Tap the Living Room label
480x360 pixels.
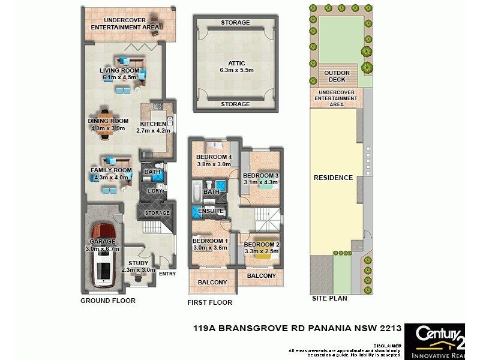[x=119, y=70]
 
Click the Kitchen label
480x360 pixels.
[x=153, y=124]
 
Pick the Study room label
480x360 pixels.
[x=138, y=263]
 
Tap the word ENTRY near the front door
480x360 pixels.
[x=167, y=274]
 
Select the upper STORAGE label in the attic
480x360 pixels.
[x=235, y=23]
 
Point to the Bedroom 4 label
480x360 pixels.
[x=214, y=157]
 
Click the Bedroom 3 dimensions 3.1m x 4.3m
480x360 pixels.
[x=262, y=182]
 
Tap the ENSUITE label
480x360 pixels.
[x=211, y=211]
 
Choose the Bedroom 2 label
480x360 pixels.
[x=262, y=244]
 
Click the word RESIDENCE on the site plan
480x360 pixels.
[x=333, y=178]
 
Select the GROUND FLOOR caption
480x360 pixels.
[x=108, y=301]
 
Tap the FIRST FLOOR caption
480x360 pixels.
[x=210, y=302]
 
